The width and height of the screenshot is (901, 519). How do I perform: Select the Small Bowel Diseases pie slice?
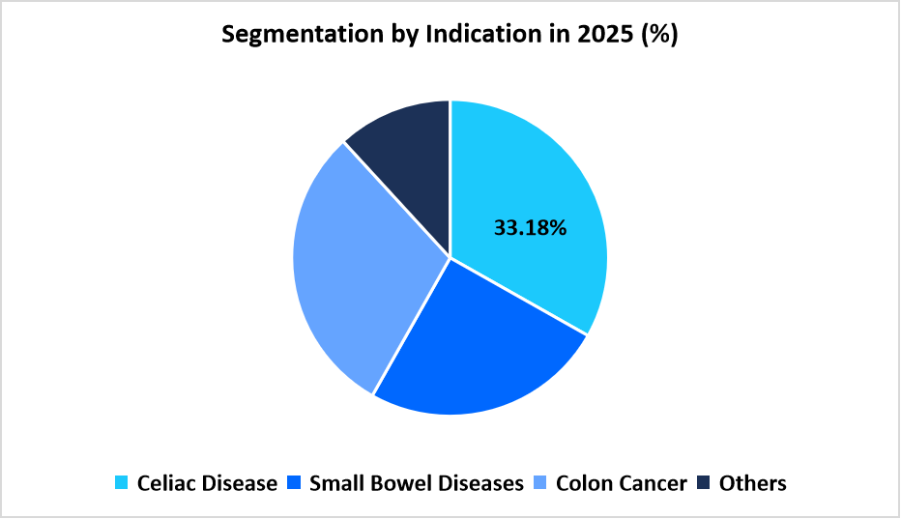pyautogui.click(x=474, y=348)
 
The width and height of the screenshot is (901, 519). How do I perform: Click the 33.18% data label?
pyautogui.click(x=530, y=229)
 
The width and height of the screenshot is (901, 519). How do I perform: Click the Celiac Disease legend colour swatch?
pyautogui.click(x=121, y=482)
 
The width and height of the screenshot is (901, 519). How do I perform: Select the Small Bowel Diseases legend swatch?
pyautogui.click(x=294, y=482)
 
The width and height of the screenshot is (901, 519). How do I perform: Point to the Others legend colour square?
pyautogui.click(x=704, y=482)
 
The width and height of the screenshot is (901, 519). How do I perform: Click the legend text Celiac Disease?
pyautogui.click(x=207, y=482)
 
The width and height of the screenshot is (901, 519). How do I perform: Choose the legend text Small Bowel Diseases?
pyautogui.click(x=416, y=482)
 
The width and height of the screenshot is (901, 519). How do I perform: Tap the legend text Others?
pyautogui.click(x=752, y=482)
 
